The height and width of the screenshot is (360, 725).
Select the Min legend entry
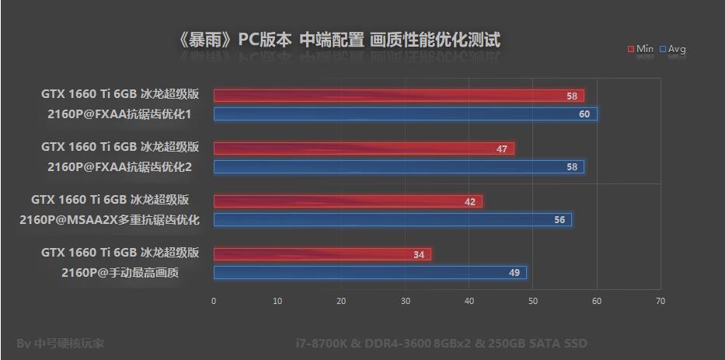(640, 49)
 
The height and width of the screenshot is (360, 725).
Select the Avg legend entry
(673, 49)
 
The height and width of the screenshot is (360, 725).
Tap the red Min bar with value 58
(399, 96)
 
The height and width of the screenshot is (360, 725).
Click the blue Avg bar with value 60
(405, 114)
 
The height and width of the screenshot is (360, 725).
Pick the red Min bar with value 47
(364, 149)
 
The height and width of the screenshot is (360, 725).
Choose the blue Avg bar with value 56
(392, 220)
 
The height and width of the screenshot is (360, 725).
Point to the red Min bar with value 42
(347, 201)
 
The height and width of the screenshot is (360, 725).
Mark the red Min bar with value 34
(322, 254)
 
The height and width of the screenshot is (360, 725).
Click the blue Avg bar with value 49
(370, 272)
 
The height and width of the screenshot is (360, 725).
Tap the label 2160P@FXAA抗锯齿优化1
(119, 114)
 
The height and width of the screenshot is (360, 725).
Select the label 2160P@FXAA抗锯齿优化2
(119, 167)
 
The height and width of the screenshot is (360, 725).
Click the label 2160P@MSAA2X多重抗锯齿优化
(110, 220)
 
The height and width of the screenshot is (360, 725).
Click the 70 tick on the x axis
(660, 301)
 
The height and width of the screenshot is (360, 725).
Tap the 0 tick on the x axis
(214, 301)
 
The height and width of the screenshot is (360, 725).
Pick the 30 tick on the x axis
(405, 301)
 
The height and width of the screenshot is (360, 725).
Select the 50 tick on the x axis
(532, 301)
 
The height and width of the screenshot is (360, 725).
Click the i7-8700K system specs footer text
(441, 343)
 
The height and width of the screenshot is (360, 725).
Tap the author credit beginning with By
(60, 343)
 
